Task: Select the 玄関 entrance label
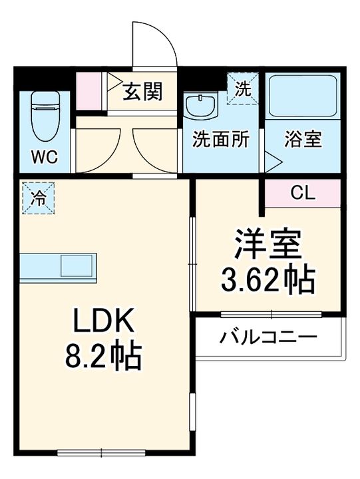coord(142,91)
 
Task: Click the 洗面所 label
coord(221,140)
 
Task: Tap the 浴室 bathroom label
coord(303,140)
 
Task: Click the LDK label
coord(104,323)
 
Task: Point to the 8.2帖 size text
coord(104,358)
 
